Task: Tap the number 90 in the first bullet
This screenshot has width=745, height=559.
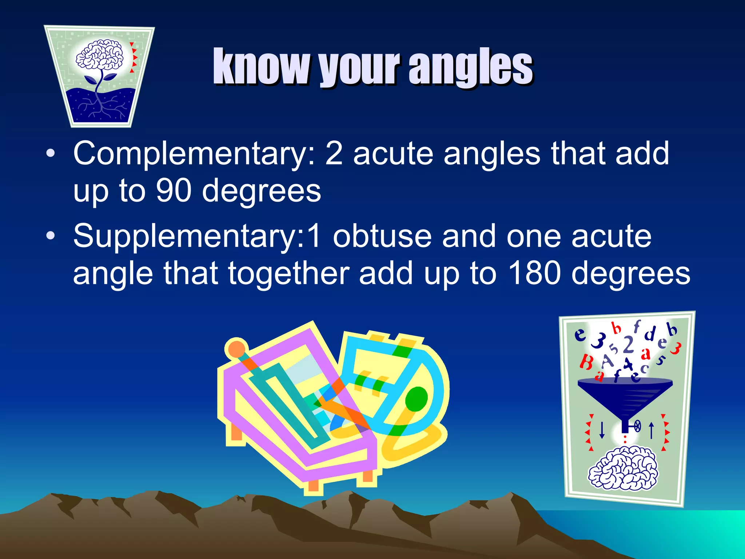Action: [174, 191]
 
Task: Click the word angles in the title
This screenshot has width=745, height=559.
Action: [471, 67]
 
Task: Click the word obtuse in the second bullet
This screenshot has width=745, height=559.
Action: [382, 237]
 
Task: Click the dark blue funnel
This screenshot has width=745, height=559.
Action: [625, 397]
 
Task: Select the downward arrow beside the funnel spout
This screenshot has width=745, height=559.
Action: [602, 429]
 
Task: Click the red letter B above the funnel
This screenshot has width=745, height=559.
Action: [586, 362]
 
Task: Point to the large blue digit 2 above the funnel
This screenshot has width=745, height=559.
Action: [628, 345]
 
